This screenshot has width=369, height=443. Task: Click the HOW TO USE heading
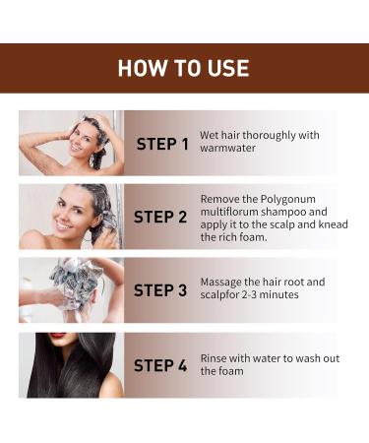click(x=183, y=68)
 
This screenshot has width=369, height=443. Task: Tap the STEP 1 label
click(x=162, y=145)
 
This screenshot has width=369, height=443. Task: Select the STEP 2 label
click(x=159, y=218)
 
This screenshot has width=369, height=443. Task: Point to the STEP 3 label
click(x=159, y=290)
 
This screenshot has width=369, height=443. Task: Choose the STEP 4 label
click(x=159, y=364)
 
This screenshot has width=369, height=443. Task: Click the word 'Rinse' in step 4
click(x=215, y=358)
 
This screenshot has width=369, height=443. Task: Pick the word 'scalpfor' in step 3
click(x=221, y=296)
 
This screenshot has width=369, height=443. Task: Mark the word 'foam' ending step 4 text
click(x=215, y=372)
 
